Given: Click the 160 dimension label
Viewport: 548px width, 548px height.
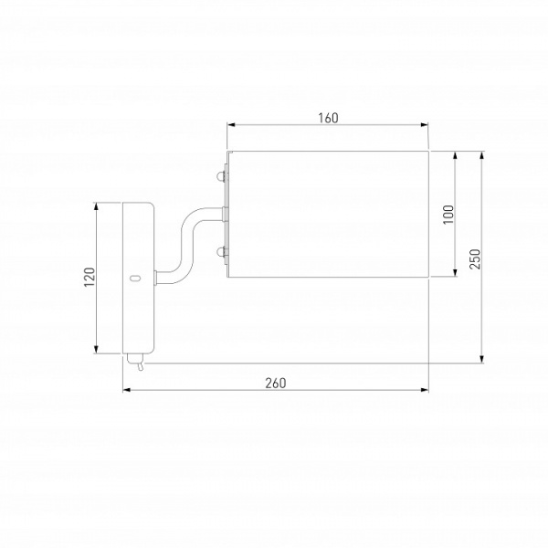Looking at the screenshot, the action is (x=328, y=118).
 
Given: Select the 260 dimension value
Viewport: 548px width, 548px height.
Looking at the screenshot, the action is (x=276, y=384).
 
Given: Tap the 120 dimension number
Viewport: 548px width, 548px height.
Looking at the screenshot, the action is (x=90, y=277).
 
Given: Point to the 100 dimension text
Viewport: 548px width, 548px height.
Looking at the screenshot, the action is (x=448, y=215).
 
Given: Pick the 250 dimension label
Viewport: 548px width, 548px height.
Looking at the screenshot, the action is (x=475, y=259).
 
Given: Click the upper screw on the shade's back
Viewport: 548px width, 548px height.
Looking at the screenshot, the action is (x=221, y=176).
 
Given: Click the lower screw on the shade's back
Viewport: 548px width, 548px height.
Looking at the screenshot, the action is (x=221, y=252).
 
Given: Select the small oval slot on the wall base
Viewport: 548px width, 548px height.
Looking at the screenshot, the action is (x=135, y=279).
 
